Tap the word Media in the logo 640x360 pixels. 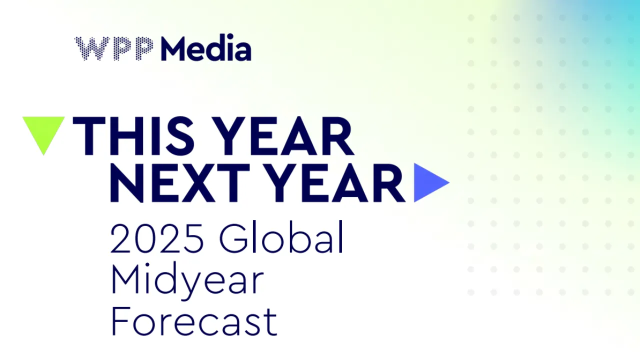pos(206,47)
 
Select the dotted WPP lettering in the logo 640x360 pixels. pos(113,48)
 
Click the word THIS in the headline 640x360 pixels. pos(133,136)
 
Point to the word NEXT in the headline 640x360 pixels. pos(180,183)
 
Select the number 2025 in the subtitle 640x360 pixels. pos(157,238)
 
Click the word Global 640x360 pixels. pos(281,237)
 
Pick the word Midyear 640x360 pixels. pos(187,281)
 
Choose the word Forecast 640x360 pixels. pos(194,321)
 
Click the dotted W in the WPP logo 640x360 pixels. pos(92,48)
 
